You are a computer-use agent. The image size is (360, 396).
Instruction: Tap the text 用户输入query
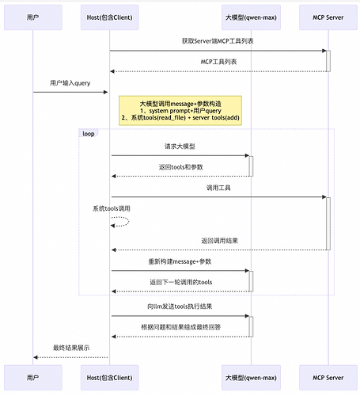(70, 82)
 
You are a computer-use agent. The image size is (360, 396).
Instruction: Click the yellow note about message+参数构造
(180, 110)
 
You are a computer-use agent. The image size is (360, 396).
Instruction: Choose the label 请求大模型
(180, 147)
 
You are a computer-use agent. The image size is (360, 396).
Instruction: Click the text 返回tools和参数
(180, 167)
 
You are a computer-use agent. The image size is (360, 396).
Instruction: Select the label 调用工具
(218, 188)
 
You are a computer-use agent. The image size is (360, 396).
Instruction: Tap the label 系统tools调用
(112, 208)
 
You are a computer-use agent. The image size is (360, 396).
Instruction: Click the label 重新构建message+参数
(180, 261)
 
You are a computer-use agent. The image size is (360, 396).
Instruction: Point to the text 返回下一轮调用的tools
(180, 282)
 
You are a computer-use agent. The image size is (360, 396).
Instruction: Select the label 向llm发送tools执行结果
(180, 305)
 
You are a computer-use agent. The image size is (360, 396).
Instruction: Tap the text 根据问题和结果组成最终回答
(180, 326)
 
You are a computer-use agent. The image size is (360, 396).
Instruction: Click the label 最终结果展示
(70, 348)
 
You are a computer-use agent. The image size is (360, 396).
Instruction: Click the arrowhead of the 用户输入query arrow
(105, 92)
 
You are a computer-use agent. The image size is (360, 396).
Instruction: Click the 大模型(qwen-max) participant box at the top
(250, 17)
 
